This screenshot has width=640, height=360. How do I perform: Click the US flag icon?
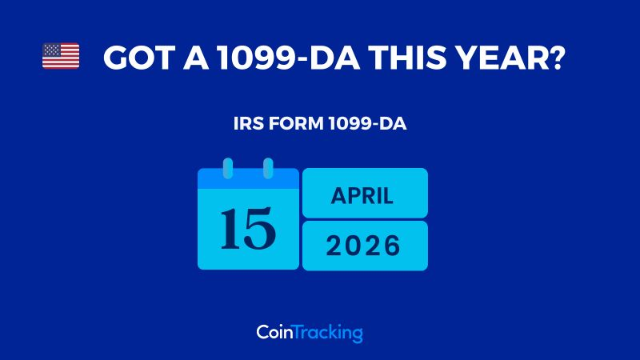[x=61, y=56]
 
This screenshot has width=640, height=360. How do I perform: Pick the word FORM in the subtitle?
[x=294, y=126]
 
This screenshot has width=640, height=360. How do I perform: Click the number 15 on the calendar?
[x=248, y=228]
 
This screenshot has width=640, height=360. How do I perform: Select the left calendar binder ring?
[x=228, y=169]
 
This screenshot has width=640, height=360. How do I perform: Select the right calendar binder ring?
[x=268, y=169]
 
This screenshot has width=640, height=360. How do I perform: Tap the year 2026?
[x=364, y=246]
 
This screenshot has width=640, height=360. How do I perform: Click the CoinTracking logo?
[x=310, y=332]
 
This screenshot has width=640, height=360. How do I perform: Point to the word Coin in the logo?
[x=275, y=332]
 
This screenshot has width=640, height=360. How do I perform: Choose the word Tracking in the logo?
[x=329, y=332]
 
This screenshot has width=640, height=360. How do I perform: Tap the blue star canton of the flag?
[x=52, y=50]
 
